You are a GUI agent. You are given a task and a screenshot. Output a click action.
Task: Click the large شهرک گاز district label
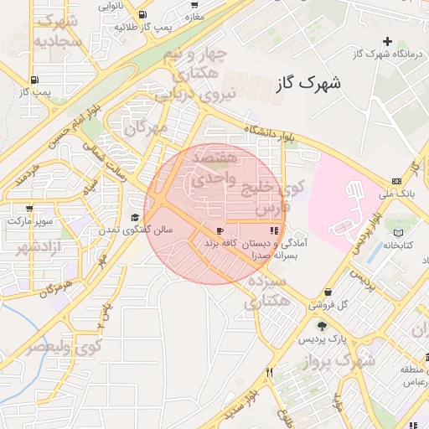pos(308,84)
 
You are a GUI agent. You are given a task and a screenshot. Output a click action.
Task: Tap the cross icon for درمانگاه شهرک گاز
pos(387,41)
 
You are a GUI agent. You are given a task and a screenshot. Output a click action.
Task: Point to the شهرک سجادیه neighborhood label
pos(58,30)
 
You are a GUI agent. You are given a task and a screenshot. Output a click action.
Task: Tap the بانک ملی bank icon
pos(396,182)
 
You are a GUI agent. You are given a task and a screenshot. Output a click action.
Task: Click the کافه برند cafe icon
pos(220,230)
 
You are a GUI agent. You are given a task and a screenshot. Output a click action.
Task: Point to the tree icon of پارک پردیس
pos(322,326)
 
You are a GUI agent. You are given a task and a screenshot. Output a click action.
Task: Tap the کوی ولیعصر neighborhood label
pos(63,344)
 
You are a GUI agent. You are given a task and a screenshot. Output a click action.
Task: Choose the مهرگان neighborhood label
pos(147,128)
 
